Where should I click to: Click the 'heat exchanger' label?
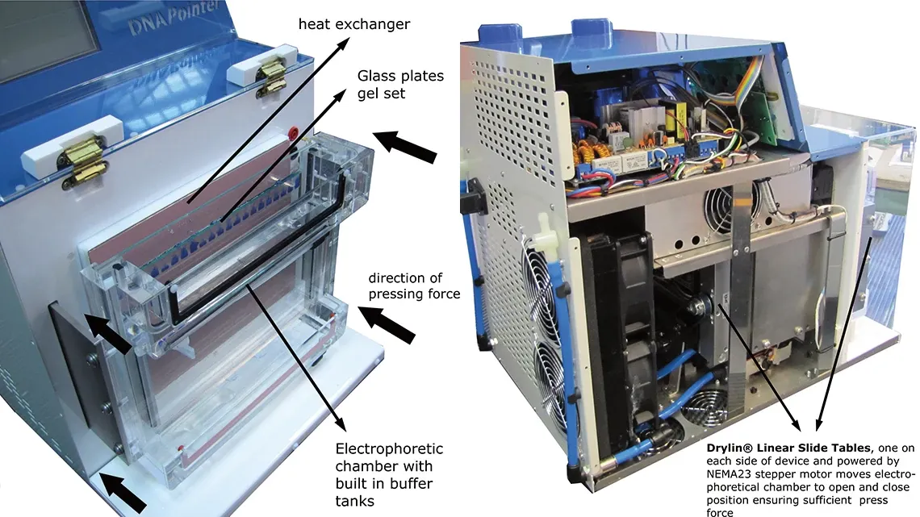354,24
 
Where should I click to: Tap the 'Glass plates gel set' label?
400,85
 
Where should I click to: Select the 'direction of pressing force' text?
414,286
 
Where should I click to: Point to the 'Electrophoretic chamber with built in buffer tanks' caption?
389,474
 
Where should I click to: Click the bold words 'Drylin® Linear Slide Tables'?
788,448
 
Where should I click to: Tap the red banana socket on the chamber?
294,131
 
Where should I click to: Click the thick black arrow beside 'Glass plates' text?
405,147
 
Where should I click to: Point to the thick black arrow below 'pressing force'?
387,324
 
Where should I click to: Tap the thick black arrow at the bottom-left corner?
123,492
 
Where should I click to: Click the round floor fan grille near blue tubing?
703,404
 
